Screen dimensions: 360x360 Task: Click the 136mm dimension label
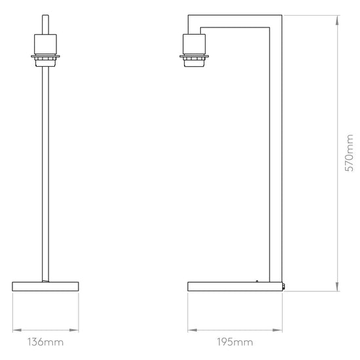(x=45, y=342)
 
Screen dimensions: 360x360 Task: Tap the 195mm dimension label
(x=235, y=342)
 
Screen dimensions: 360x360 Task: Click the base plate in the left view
(x=45, y=286)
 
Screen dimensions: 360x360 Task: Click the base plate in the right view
(x=234, y=286)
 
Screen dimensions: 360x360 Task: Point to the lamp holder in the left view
(x=45, y=45)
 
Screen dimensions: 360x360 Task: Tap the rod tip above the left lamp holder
(x=45, y=22)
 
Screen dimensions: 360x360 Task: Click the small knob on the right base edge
(x=283, y=286)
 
